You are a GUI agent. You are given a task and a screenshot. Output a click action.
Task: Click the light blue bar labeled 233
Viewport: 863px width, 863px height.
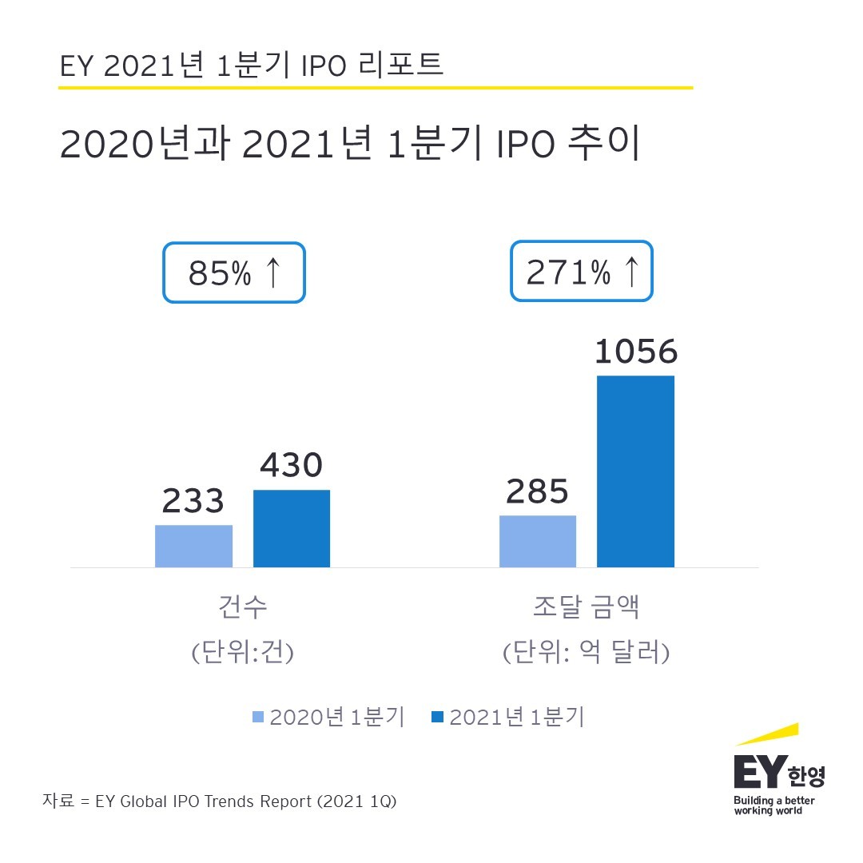point(193,547)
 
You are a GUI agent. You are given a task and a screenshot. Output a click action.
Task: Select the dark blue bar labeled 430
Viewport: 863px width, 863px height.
point(292,529)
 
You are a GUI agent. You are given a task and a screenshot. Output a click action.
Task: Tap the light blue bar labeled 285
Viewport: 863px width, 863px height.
point(538,542)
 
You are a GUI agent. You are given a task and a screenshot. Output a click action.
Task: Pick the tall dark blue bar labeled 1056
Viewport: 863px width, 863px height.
point(636,471)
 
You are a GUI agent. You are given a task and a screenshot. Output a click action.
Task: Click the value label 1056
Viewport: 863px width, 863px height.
point(636,352)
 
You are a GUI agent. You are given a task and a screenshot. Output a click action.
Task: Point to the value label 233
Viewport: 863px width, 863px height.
point(193,501)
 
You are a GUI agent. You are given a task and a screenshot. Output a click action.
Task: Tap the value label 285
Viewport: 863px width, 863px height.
point(537,491)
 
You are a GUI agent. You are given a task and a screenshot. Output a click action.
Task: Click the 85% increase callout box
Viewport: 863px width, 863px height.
point(234,272)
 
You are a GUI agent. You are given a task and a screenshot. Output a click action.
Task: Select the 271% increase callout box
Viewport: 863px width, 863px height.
point(582,272)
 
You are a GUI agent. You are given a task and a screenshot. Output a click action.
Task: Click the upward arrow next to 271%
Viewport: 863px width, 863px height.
point(630,272)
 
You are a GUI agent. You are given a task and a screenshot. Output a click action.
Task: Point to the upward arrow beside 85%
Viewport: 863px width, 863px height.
point(272,272)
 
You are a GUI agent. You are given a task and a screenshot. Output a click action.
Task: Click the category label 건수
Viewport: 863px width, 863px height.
point(243,607)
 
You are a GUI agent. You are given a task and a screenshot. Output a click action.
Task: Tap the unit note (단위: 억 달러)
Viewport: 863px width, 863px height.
point(586,653)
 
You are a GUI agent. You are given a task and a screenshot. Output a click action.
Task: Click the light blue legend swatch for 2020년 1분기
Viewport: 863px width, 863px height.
point(258,718)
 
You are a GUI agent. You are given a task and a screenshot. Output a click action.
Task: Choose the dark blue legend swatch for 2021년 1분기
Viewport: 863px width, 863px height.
point(437,718)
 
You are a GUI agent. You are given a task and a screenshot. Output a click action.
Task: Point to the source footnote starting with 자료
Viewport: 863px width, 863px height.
point(220,801)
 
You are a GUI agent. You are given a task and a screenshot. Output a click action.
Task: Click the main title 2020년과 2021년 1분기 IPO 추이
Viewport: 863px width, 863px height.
point(350,145)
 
